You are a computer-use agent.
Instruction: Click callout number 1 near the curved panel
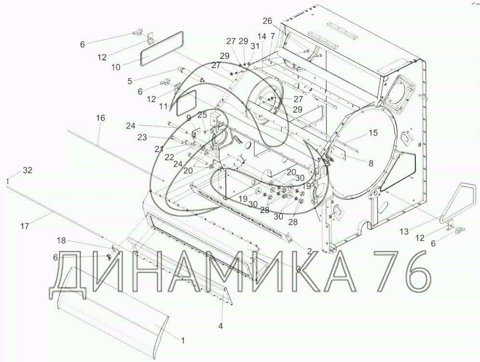183,341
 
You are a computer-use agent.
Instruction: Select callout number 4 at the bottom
220,326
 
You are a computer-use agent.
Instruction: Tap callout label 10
116,67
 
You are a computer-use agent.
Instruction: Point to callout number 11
164,106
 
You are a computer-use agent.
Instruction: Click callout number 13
404,232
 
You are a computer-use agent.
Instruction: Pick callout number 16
100,118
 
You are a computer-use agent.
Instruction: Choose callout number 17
25,226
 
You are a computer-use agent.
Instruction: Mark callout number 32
27,170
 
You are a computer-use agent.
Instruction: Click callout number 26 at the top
267,21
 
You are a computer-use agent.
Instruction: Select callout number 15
373,133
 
